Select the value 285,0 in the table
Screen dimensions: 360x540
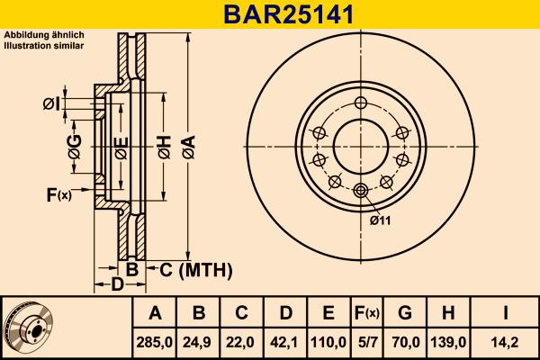tap(155, 343)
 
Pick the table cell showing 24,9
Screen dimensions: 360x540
tap(199, 343)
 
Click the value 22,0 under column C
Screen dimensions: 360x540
tap(242, 343)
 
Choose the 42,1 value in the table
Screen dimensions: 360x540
tap(285, 343)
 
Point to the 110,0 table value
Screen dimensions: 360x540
tap(328, 343)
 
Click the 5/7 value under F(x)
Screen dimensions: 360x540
tap(366, 343)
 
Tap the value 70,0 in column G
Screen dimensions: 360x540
tap(404, 343)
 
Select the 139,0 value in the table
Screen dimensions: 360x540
tap(447, 343)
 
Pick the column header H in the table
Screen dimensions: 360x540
tap(447, 313)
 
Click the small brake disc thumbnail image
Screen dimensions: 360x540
tap(29, 328)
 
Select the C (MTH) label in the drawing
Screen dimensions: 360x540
tap(195, 269)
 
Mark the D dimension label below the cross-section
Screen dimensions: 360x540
tap(116, 285)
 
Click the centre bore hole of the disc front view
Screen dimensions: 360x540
tap(361, 145)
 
